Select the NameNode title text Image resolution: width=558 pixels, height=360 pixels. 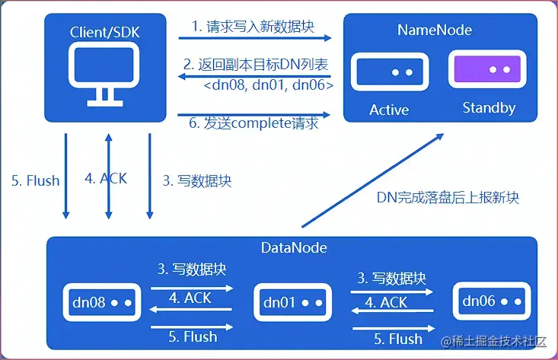coord(435,30)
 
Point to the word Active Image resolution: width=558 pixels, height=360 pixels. coord(389,110)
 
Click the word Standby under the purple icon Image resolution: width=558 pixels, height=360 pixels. coord(489,108)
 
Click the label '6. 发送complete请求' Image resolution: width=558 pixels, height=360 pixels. coord(254,119)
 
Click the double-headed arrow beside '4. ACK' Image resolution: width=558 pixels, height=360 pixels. coord(108,176)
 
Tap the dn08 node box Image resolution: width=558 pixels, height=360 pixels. coord(97,303)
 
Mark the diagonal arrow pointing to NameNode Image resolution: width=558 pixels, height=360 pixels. coord(373,180)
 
